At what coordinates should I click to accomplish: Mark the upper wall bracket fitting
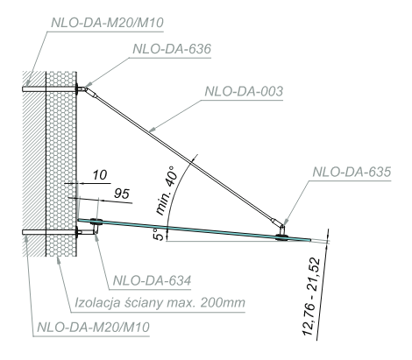[82, 88]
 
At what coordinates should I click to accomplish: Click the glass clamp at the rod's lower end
[281, 231]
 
